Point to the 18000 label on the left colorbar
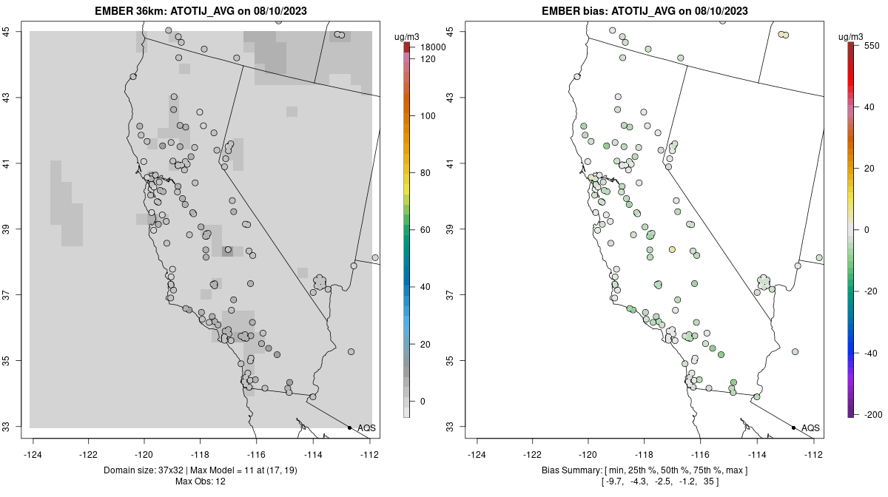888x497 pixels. [x=434, y=47]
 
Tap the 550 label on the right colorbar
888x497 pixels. [x=871, y=45]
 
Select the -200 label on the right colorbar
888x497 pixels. [x=872, y=413]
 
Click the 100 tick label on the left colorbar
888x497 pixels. [x=428, y=116]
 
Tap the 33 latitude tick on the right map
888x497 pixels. [x=453, y=427]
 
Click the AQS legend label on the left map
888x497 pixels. [x=366, y=428]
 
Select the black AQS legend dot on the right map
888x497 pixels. [x=793, y=427]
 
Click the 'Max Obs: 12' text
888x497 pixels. [x=200, y=481]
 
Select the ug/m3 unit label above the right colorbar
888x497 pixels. [x=852, y=35]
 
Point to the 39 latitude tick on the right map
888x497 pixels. [x=453, y=229]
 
